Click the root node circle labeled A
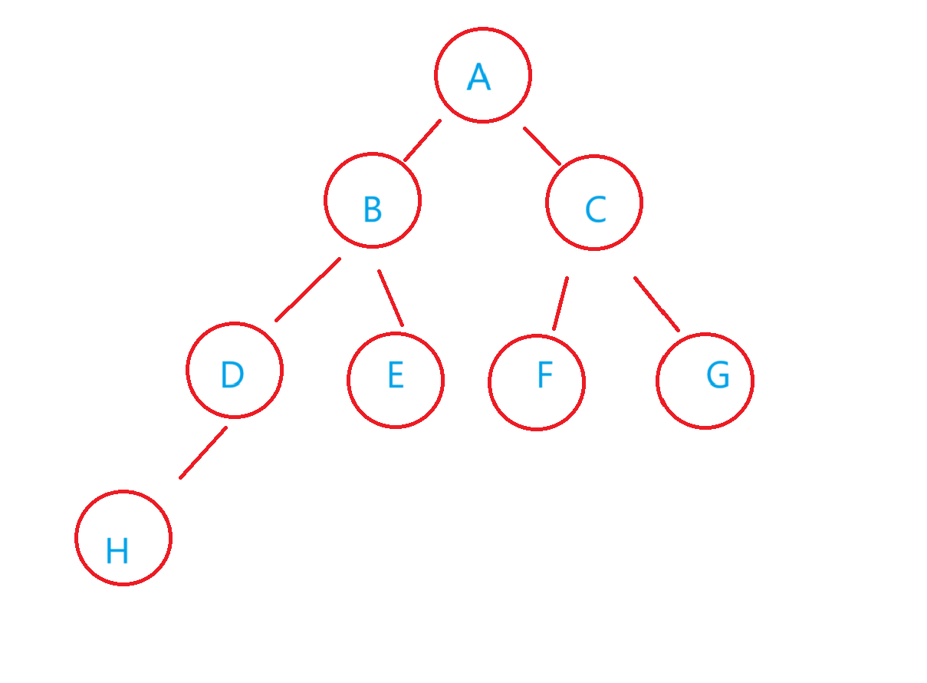482,75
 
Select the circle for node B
373,200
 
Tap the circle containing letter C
594,203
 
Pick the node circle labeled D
235,370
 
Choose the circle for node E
396,380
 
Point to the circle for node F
537,381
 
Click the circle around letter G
705,381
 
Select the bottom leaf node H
123,537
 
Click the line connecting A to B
422,140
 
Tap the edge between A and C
542,146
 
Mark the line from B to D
308,289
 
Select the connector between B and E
390,298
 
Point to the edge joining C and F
560,303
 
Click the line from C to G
656,304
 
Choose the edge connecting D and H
203,453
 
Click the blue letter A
478,77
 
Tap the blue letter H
117,550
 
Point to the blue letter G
718,375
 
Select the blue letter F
544,375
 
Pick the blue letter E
395,375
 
